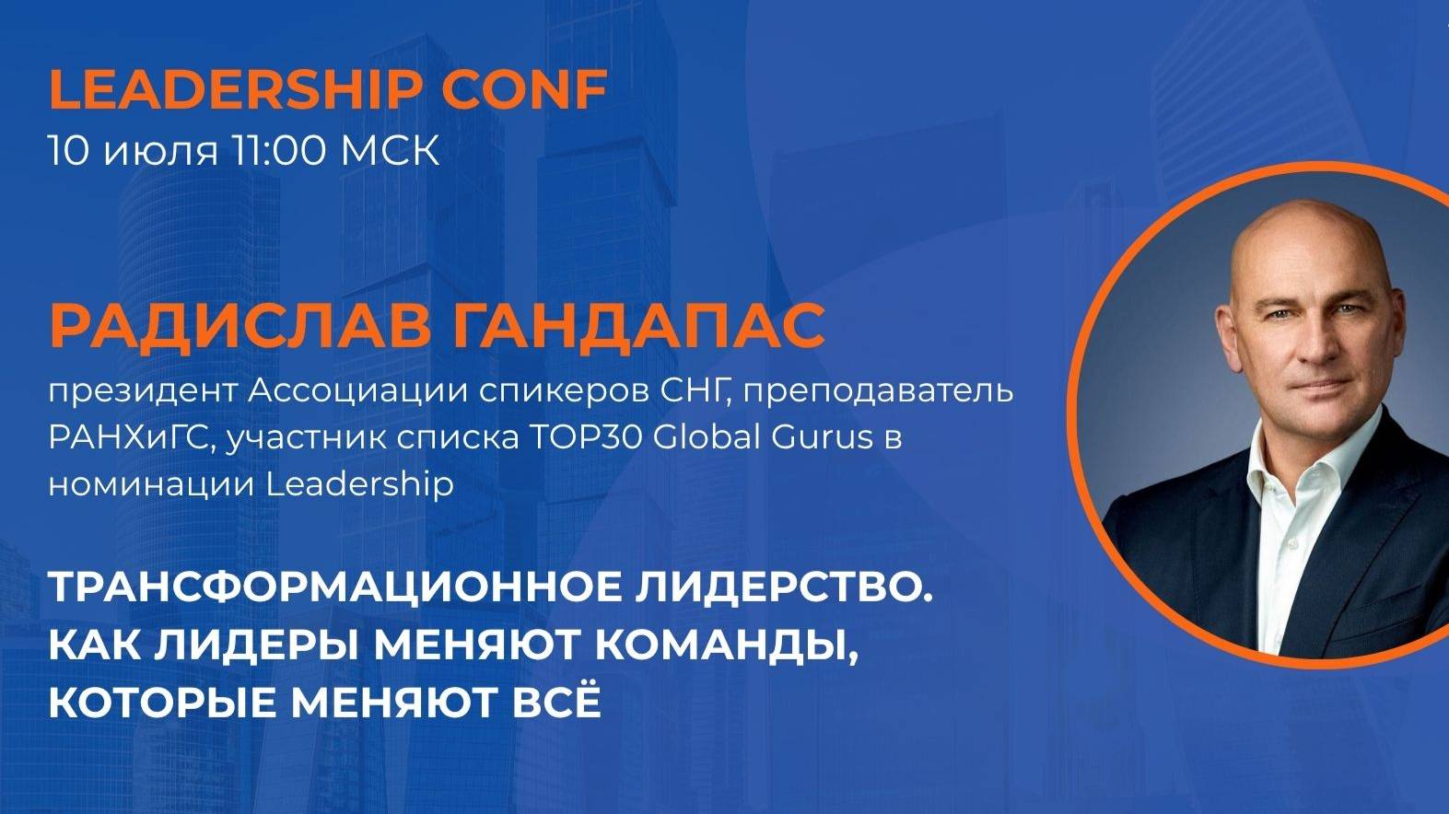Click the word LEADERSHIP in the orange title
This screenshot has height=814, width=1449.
click(236, 88)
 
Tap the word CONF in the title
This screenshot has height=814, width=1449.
click(524, 88)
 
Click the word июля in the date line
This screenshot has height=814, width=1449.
click(161, 150)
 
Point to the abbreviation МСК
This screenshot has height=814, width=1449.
click(391, 150)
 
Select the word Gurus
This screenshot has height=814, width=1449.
click(822, 437)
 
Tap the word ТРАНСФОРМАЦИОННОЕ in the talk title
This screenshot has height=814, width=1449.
click(333, 589)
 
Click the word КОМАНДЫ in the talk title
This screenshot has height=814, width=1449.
click(721, 645)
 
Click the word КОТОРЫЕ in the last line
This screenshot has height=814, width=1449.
click(162, 703)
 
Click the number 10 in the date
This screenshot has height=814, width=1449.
click(67, 150)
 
